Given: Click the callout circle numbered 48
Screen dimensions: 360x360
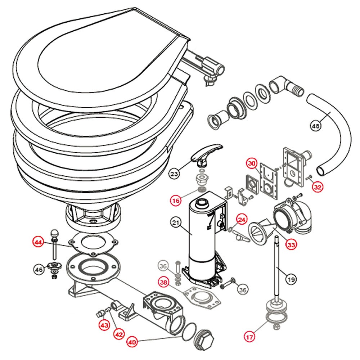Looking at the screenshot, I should [x=315, y=126].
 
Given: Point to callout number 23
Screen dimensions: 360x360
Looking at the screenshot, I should [x=174, y=174].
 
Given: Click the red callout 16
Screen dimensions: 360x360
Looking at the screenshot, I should [x=176, y=201].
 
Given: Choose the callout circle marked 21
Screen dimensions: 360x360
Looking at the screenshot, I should [x=175, y=223].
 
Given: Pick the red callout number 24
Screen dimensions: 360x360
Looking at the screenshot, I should [x=242, y=219].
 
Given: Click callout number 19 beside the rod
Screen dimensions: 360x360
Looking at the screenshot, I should [x=292, y=278].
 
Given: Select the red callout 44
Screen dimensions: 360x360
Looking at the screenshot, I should [x=39, y=242].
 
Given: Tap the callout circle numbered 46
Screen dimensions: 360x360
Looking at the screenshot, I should [x=39, y=269].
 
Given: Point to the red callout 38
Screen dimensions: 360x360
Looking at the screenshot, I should [x=164, y=283].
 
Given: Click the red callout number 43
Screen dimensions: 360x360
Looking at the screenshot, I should [x=104, y=325].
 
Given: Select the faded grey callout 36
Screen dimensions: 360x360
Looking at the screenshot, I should [x=163, y=266].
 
